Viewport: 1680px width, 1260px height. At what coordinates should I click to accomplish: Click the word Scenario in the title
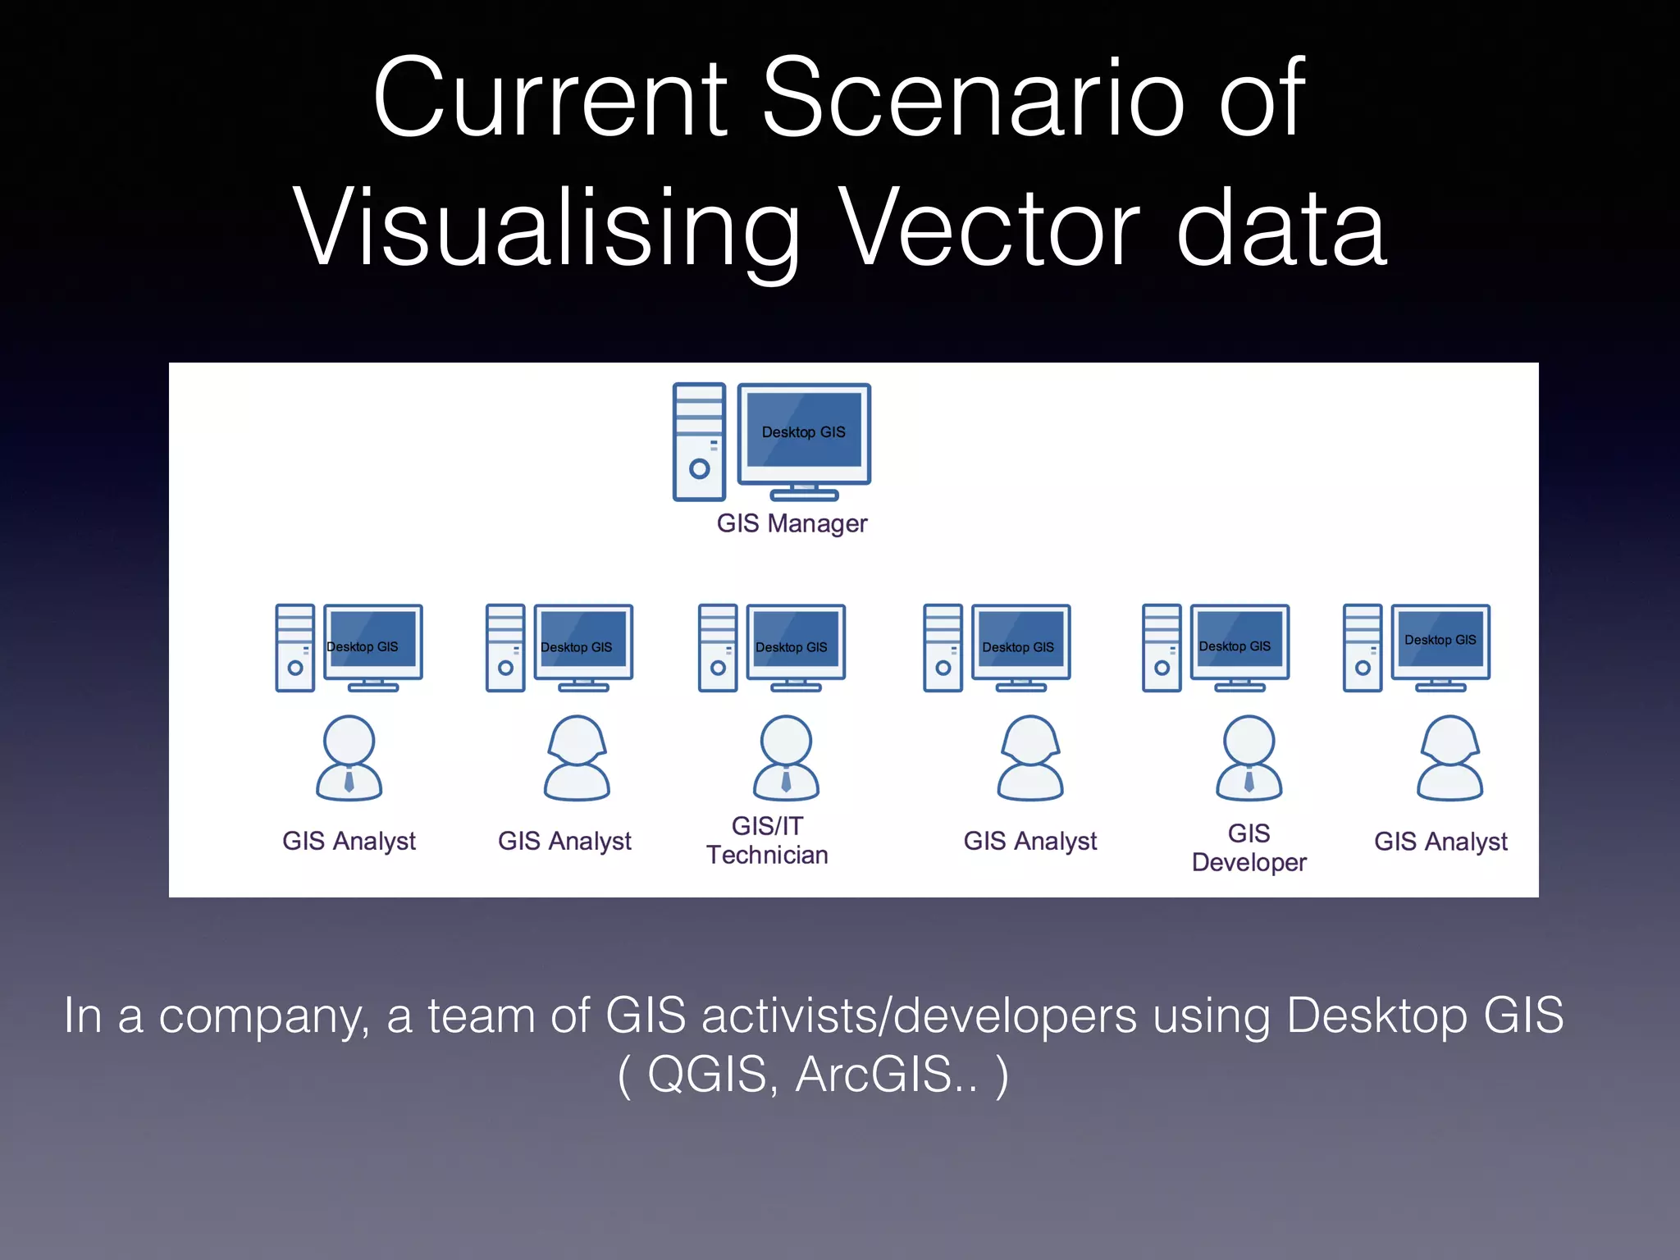[974, 98]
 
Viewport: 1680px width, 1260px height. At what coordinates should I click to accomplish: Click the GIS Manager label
[792, 523]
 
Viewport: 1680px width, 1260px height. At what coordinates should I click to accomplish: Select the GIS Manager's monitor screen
[804, 430]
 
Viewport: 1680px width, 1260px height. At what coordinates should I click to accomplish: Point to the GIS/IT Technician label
[767, 841]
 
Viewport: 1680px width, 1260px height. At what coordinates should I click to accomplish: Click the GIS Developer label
[1249, 848]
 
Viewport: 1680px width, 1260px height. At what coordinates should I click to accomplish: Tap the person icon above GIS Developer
[1249, 758]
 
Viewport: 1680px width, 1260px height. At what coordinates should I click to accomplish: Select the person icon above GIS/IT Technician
[786, 758]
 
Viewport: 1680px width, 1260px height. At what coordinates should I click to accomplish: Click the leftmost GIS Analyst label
[349, 842]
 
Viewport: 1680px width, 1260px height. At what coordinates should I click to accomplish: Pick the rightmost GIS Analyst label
[1440, 842]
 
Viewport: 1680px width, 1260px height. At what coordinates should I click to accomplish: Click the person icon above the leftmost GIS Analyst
[349, 758]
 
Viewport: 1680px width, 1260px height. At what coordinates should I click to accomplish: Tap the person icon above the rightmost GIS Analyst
[1449, 758]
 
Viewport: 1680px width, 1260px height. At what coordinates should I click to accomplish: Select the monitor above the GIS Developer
[1239, 643]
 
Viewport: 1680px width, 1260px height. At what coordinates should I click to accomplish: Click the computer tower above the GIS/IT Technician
[718, 648]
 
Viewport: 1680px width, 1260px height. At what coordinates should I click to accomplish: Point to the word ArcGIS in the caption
[886, 1075]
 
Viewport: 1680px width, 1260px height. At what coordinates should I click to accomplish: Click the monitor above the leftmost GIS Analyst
[372, 643]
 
